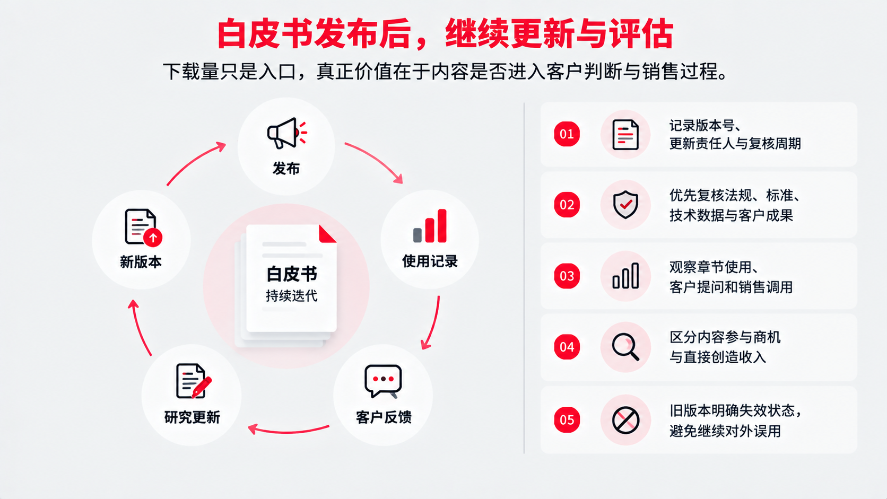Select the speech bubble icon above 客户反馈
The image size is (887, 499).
383,381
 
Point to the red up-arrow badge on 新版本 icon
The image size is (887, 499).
153,238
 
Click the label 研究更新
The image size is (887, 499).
192,417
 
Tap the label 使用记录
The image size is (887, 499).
430,261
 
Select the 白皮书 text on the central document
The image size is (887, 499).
292,274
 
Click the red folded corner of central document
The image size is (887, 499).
327,234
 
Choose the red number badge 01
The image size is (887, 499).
567,134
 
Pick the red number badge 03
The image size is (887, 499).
567,276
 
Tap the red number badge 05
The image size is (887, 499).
567,420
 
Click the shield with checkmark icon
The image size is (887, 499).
625,205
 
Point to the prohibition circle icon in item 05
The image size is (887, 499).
625,420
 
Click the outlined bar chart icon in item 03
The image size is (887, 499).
625,276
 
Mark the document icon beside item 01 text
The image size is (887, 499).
625,135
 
